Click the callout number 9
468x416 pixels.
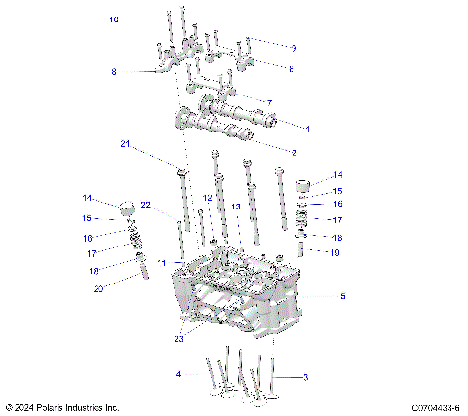[293, 47]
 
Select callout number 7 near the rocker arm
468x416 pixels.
[268, 102]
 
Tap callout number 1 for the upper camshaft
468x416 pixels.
[308, 128]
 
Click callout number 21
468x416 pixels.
[125, 144]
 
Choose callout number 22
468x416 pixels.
[145, 205]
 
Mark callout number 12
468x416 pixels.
[207, 198]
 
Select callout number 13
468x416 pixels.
[235, 207]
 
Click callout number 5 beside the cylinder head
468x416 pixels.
[341, 295]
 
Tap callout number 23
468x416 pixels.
[178, 338]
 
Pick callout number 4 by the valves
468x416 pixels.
[178, 374]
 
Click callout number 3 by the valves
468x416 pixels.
[305, 377]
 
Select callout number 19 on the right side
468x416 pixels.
[335, 252]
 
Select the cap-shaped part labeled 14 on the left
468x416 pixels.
[127, 208]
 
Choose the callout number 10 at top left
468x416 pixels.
[114, 19]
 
